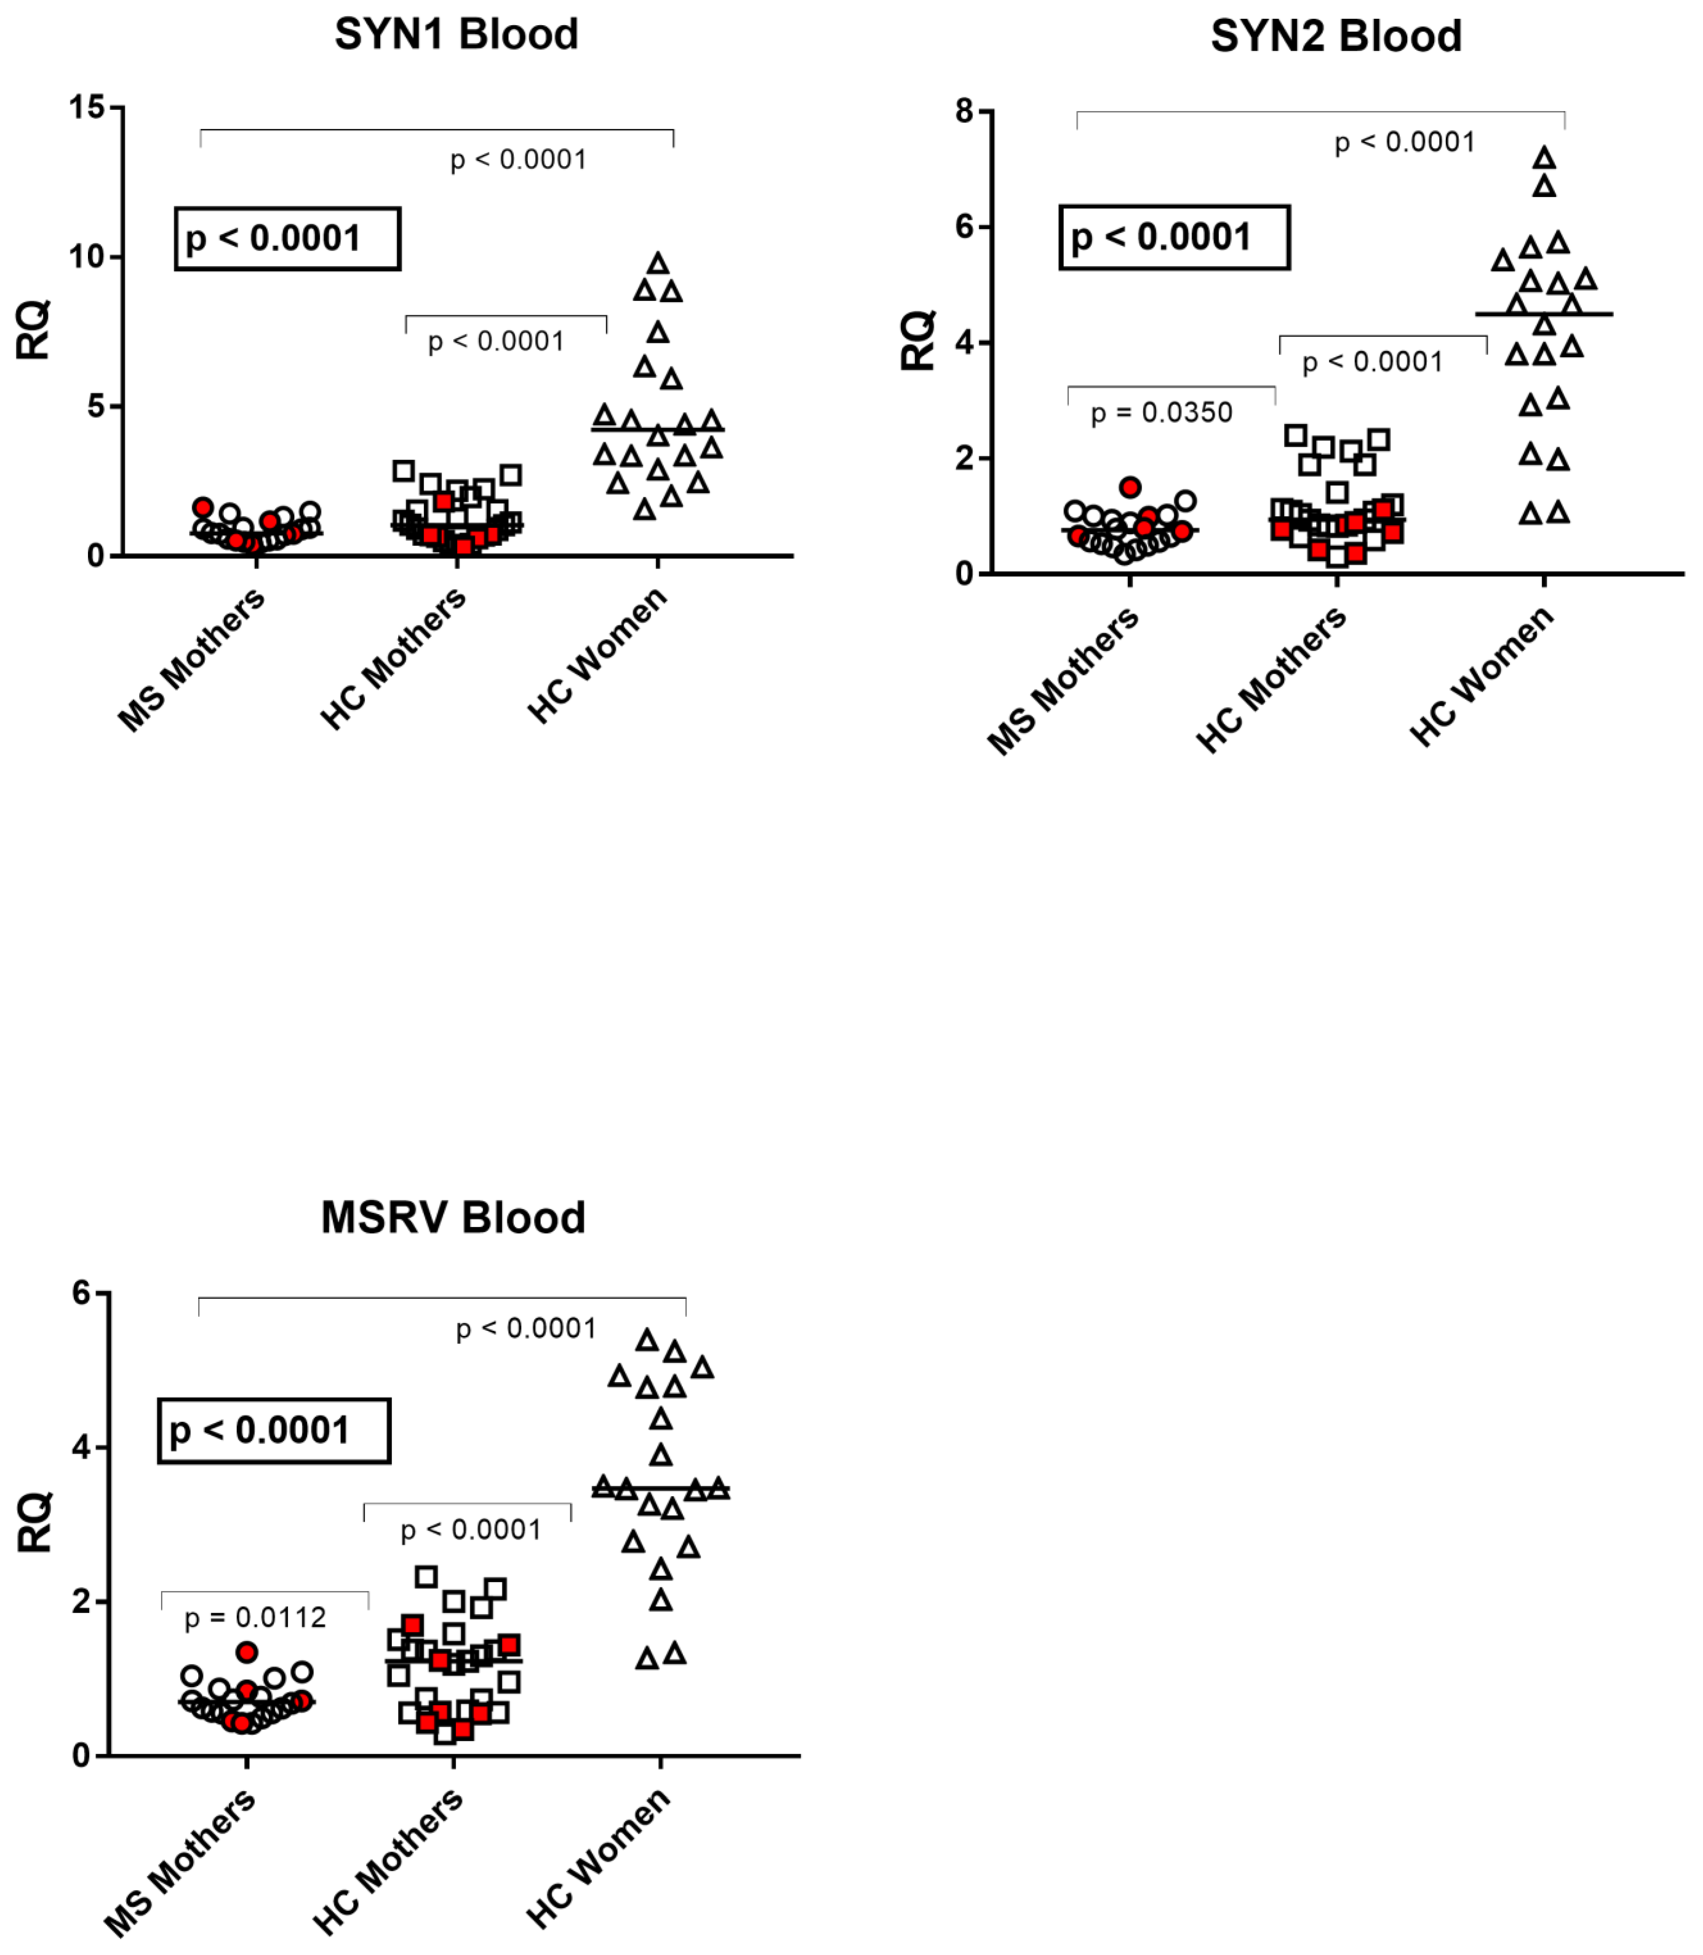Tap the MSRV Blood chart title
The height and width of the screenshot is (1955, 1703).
[453, 1218]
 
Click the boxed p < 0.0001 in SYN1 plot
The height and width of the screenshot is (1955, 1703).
[287, 238]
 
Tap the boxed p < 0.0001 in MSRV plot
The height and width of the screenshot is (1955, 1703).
[274, 1430]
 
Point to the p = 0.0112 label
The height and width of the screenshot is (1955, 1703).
[255, 1617]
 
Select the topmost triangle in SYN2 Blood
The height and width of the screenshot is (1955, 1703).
[1544, 158]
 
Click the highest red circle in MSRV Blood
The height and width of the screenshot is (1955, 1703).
[247, 1652]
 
